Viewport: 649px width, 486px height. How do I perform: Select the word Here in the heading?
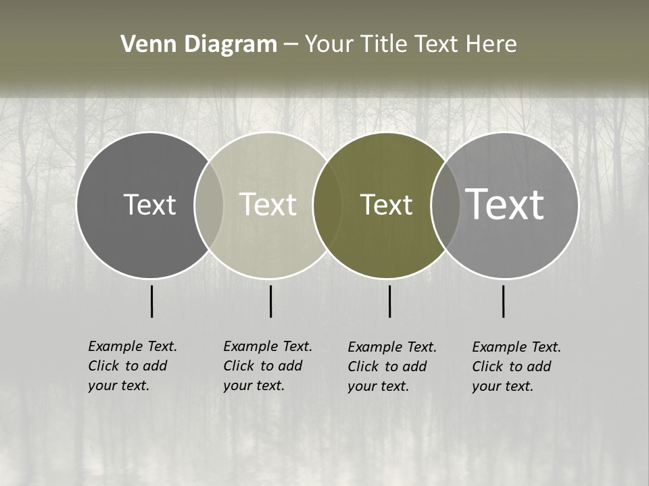click(491, 45)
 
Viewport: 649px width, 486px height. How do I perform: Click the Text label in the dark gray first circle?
click(149, 205)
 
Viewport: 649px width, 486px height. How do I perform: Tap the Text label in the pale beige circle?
click(268, 205)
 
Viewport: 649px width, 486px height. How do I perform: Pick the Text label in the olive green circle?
click(386, 205)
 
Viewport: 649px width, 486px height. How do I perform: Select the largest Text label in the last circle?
click(505, 205)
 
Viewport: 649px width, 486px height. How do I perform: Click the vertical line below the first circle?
click(151, 301)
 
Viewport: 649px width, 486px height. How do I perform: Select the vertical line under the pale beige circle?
click(270, 301)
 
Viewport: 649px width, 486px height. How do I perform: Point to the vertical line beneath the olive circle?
click(389, 301)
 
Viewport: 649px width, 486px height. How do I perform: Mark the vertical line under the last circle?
click(503, 301)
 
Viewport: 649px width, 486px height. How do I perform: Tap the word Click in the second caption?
click(239, 366)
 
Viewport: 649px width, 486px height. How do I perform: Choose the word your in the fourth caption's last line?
click(485, 386)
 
